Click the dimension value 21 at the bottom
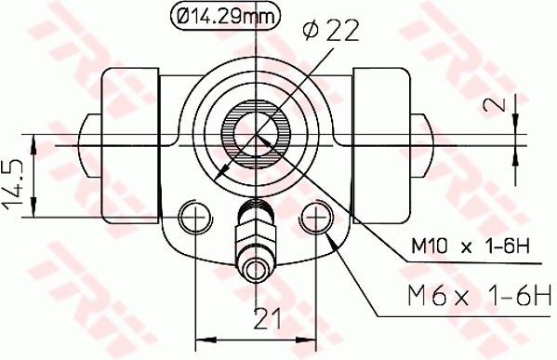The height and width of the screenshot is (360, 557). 268,319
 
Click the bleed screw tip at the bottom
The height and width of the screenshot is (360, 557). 256,272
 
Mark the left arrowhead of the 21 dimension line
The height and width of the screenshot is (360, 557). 199,334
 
